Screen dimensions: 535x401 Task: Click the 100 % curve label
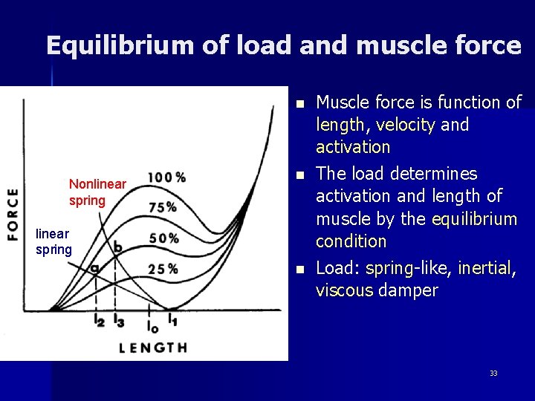point(166,177)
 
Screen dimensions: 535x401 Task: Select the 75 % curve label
point(162,207)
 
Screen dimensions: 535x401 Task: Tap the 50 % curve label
point(163,238)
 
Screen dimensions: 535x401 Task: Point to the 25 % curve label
point(162,269)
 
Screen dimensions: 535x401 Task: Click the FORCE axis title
point(13,213)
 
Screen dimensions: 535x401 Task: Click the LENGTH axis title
point(153,347)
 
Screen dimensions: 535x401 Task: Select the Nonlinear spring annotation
point(97,192)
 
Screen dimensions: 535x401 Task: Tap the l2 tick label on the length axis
point(100,322)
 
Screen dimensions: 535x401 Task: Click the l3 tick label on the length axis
point(119,322)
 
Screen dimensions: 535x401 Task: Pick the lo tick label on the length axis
point(152,325)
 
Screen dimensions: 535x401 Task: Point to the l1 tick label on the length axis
point(172,322)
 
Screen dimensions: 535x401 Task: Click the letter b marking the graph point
point(118,245)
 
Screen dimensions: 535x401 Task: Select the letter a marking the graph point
point(94,269)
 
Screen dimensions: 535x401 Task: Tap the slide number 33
point(493,373)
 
